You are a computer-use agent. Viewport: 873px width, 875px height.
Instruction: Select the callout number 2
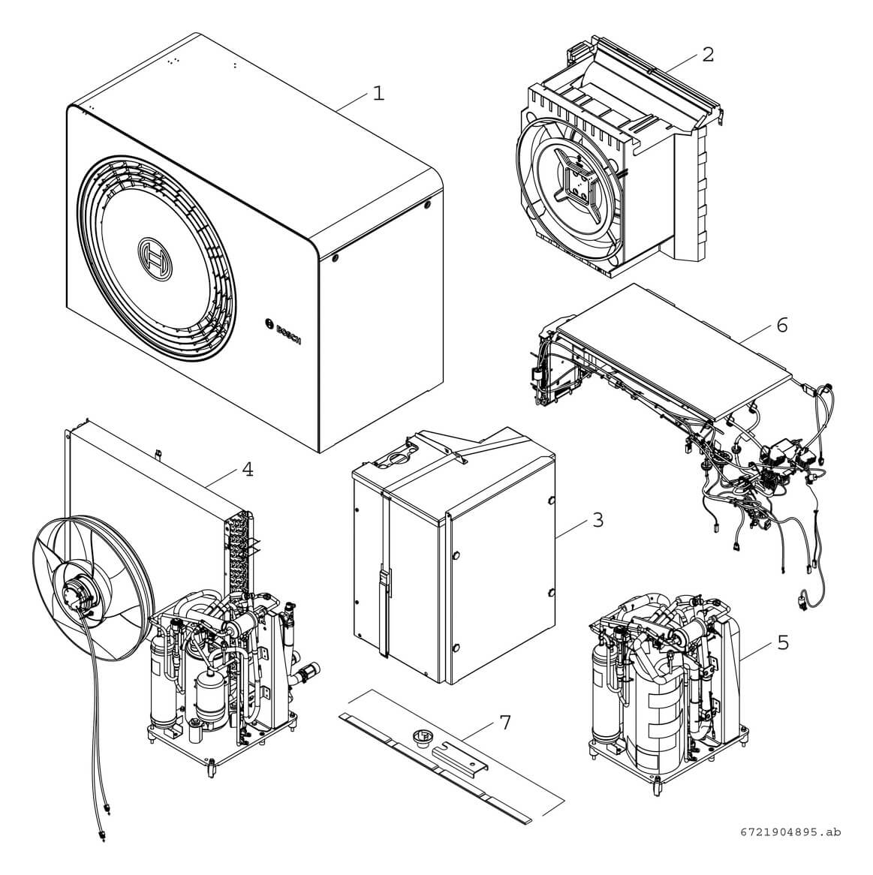pos(707,54)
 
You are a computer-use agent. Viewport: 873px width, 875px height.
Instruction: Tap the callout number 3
pos(598,519)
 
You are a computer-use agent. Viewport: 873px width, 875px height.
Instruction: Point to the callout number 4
pos(247,469)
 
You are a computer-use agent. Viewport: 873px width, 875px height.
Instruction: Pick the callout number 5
pos(783,642)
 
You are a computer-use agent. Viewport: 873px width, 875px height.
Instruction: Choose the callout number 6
pos(782,325)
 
